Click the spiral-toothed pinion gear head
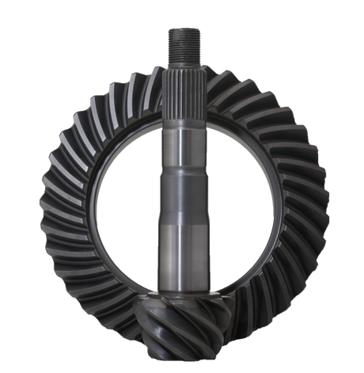(183, 325)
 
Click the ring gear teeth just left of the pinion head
(131, 321)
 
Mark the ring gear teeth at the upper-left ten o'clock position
(75, 135)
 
